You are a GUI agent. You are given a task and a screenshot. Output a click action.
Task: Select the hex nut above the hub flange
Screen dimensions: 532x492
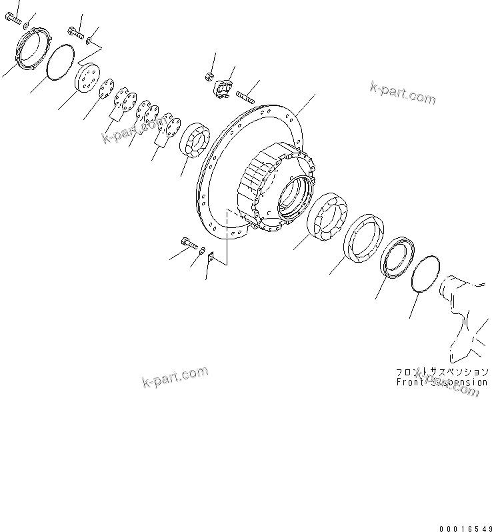(x=209, y=75)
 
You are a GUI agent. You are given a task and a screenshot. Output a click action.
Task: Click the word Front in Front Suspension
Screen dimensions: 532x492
(x=408, y=383)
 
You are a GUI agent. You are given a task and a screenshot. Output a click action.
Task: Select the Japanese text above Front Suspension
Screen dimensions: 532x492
(x=441, y=372)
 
